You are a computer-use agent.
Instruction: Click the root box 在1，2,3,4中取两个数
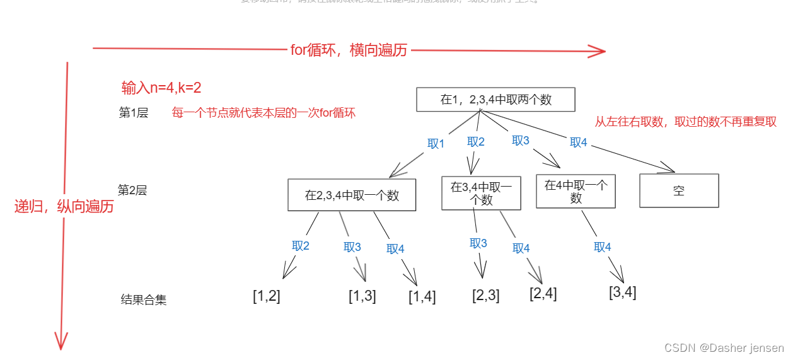[495, 100]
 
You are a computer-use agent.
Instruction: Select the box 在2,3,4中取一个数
[352, 195]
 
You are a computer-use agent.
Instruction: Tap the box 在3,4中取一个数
[481, 193]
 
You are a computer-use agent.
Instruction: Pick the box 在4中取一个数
[576, 191]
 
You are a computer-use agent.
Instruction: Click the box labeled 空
[679, 190]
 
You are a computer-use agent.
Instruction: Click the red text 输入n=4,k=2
[161, 88]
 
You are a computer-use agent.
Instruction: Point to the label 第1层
[134, 113]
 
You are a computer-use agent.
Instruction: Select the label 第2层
[132, 190]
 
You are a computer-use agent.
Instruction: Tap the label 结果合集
[144, 300]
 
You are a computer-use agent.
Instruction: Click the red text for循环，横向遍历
[349, 51]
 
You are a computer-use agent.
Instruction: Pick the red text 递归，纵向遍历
[64, 206]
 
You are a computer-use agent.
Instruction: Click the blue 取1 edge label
[436, 144]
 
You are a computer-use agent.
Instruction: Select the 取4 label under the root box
[579, 142]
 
